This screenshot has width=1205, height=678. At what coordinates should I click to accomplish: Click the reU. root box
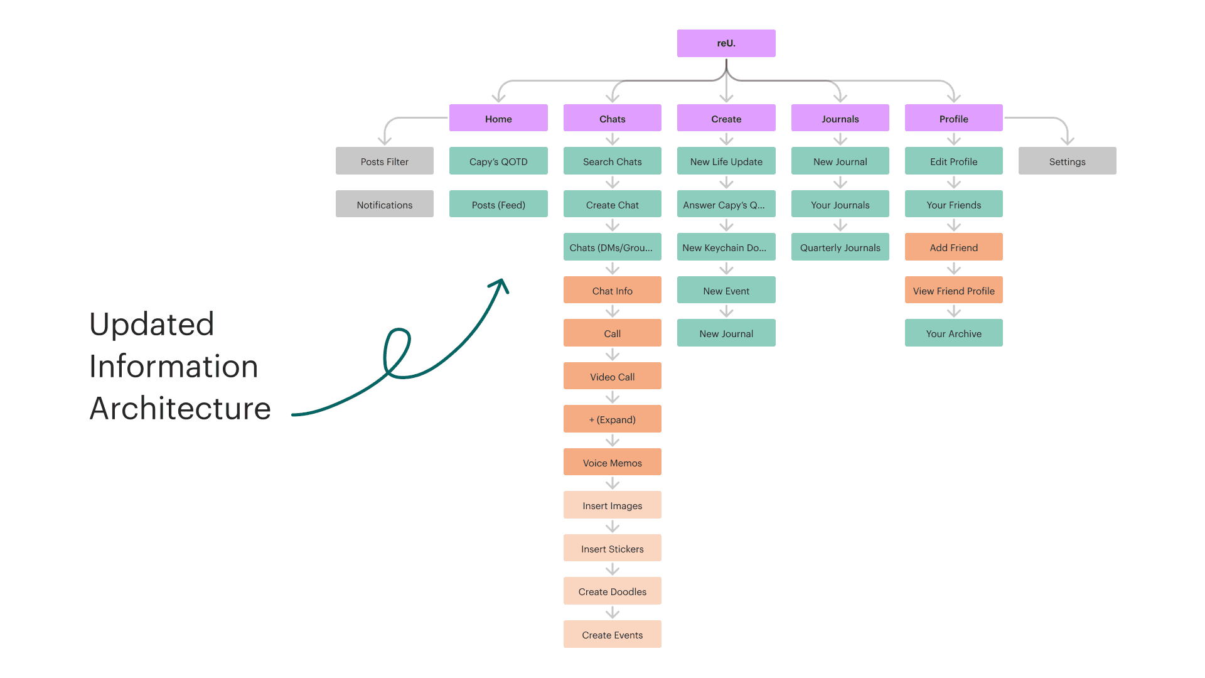tap(726, 43)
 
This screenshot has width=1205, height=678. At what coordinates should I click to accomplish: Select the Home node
tap(498, 118)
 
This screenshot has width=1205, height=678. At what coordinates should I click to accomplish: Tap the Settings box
tap(1067, 161)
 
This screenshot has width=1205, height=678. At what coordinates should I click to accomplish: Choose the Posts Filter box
tap(384, 161)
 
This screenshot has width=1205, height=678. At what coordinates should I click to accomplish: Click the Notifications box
tap(384, 204)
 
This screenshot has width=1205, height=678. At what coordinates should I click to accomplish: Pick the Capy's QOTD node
tap(498, 161)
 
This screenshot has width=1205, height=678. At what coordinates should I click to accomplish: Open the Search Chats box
tap(612, 161)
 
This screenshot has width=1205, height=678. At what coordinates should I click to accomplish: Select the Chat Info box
tap(612, 290)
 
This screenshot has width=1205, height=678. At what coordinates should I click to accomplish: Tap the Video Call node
tap(612, 376)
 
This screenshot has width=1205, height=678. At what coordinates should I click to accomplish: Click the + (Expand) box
tap(612, 419)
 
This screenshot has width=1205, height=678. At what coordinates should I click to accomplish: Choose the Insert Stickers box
tap(612, 548)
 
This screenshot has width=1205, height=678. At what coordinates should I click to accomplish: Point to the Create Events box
tap(612, 634)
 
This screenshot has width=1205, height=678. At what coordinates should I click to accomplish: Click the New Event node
tap(726, 290)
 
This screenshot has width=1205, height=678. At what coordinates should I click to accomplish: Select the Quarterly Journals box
tap(840, 247)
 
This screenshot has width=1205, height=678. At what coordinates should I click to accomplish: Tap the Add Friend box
tap(953, 247)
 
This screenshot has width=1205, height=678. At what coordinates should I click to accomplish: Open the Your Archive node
tap(953, 333)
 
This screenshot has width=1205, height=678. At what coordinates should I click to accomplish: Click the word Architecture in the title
tap(180, 408)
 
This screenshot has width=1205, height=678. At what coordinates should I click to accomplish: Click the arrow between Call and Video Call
tap(613, 355)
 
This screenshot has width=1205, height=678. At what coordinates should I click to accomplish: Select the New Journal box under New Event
tap(726, 333)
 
